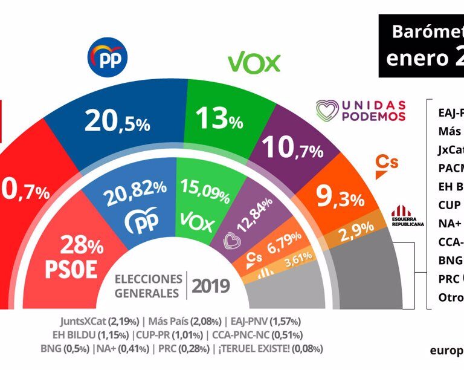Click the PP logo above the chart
coord(108,58)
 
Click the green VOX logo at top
coord(254,62)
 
